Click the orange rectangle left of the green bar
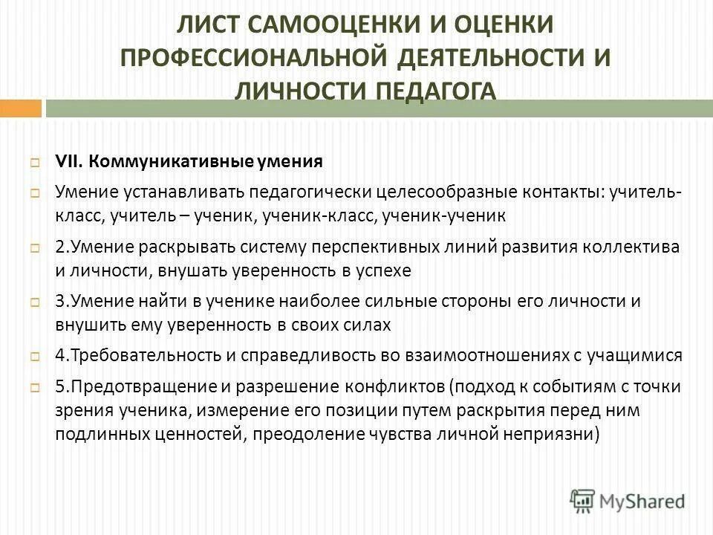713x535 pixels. coord(20,108)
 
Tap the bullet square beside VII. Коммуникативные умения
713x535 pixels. coord(35,163)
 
